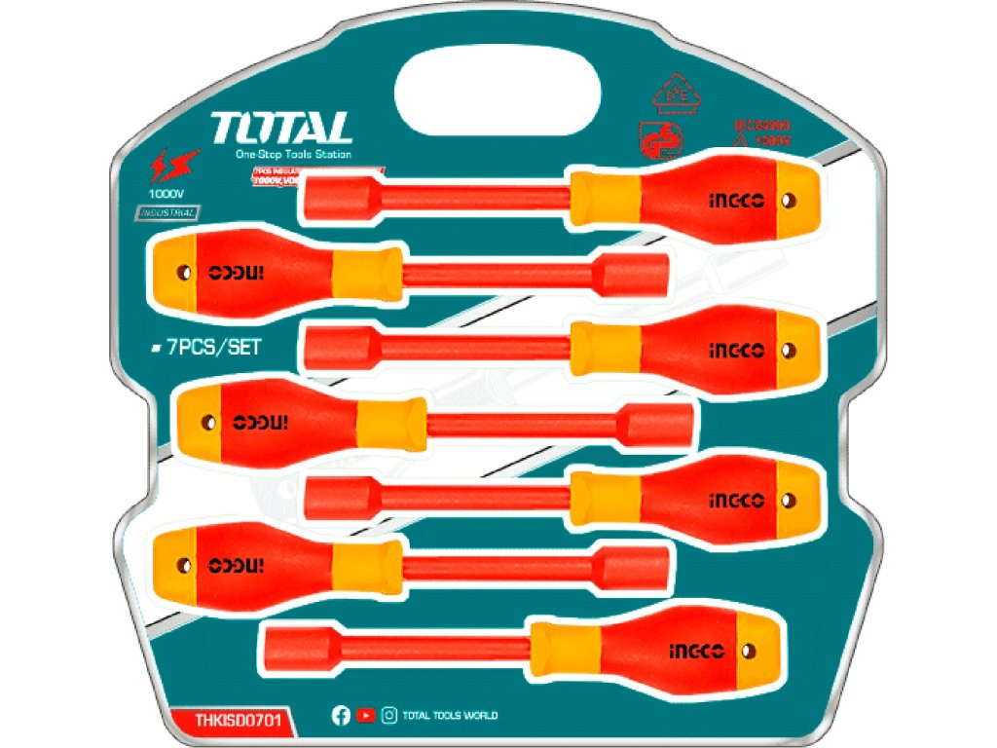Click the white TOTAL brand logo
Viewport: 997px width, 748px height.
(280, 128)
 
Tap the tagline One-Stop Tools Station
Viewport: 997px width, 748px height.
(293, 155)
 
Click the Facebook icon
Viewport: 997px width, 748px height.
(341, 716)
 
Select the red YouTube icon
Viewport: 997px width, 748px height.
(365, 716)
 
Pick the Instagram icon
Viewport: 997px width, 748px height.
(389, 716)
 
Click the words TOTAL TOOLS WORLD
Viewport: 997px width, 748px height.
(451, 716)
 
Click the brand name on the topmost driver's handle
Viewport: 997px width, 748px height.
(737, 201)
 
